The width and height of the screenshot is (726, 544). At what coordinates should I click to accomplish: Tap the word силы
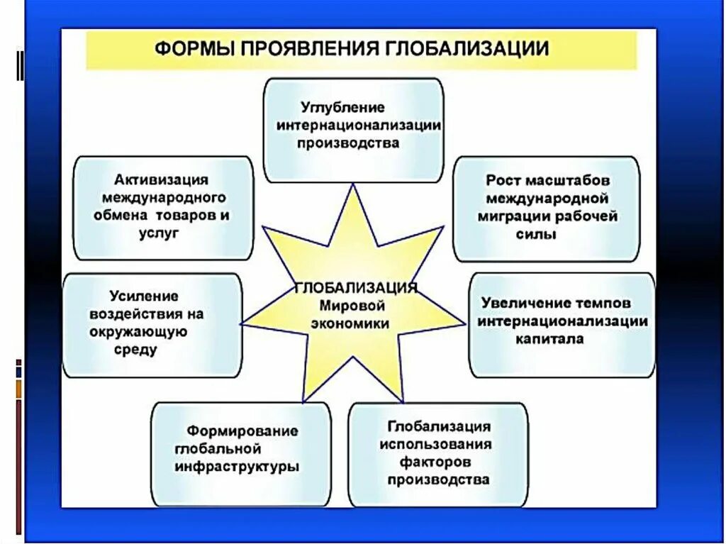click(540, 233)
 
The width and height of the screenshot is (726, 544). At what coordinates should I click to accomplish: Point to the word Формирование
click(242, 431)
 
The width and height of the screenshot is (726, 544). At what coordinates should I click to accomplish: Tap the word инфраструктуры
click(236, 467)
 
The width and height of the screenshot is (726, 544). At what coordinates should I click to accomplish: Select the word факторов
click(437, 462)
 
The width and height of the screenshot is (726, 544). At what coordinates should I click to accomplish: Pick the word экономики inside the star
click(354, 323)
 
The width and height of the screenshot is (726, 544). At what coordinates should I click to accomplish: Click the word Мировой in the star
click(352, 306)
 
